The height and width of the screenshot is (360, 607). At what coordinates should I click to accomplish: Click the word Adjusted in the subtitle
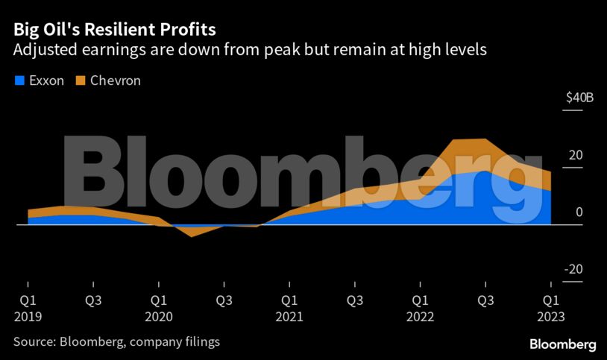click(x=43, y=51)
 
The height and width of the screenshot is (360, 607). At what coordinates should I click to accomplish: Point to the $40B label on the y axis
click(x=579, y=98)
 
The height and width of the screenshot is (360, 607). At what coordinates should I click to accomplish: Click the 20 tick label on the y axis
click(x=575, y=155)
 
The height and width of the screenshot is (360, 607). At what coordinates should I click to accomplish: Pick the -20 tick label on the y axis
click(x=573, y=270)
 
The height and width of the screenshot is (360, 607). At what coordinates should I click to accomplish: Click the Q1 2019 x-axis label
click(x=28, y=308)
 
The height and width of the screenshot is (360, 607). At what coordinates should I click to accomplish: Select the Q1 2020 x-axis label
click(x=158, y=308)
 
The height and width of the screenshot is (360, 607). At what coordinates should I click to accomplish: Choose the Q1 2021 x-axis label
click(x=289, y=308)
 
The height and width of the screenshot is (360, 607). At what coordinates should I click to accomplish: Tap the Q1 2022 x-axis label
click(x=421, y=308)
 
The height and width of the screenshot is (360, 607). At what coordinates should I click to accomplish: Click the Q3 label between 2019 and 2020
click(x=92, y=300)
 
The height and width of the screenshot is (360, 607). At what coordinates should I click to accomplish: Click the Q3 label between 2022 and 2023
click(x=486, y=300)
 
